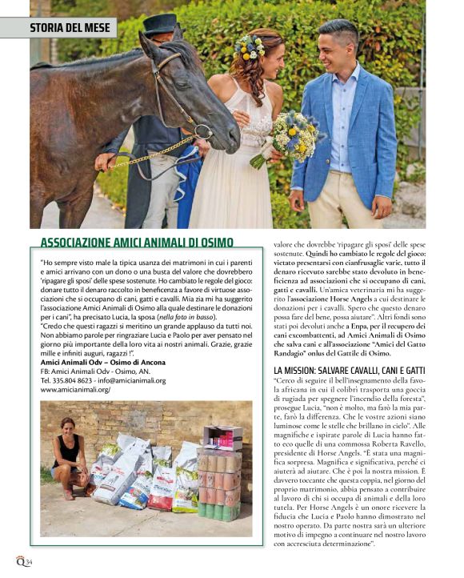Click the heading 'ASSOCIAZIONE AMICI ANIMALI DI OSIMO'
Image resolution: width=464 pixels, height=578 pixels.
coord(137,243)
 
